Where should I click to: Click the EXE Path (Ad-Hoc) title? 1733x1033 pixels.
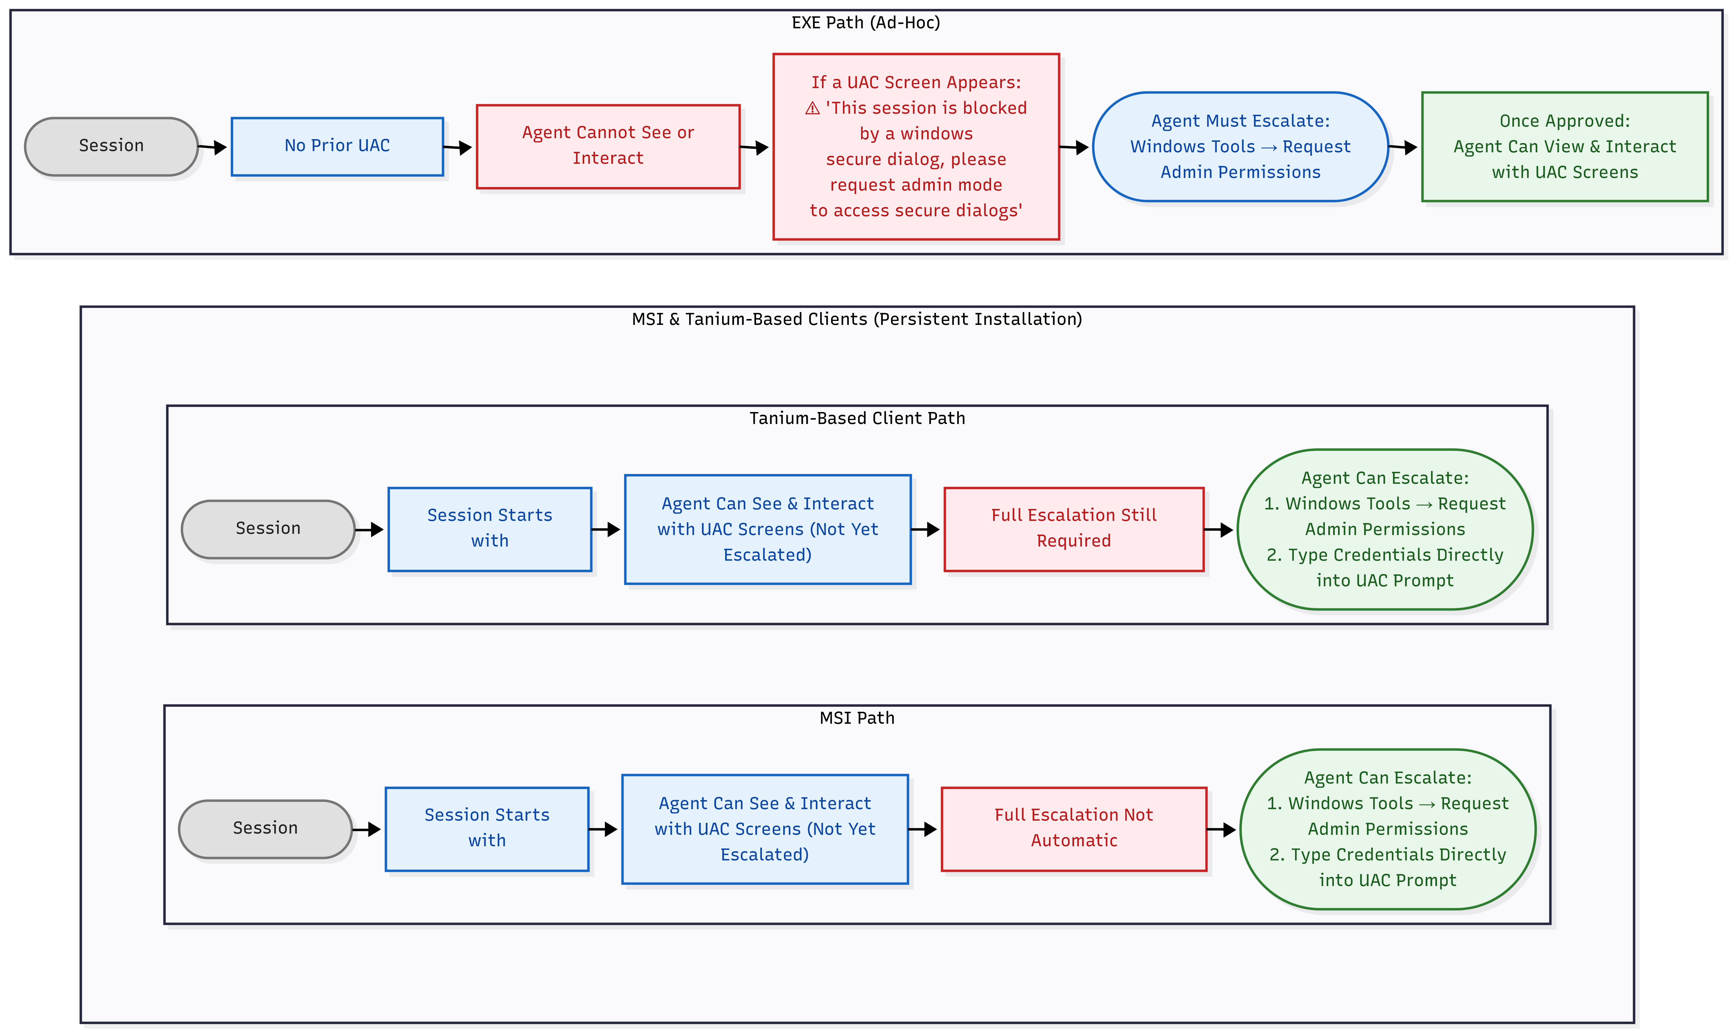click(866, 23)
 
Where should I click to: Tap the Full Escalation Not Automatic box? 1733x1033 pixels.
click(1074, 829)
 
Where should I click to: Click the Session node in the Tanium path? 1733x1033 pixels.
click(268, 529)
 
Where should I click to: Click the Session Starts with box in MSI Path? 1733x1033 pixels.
click(487, 829)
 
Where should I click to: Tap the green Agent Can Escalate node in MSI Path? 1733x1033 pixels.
click(1388, 829)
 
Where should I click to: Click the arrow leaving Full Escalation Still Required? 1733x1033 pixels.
click(1219, 530)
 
